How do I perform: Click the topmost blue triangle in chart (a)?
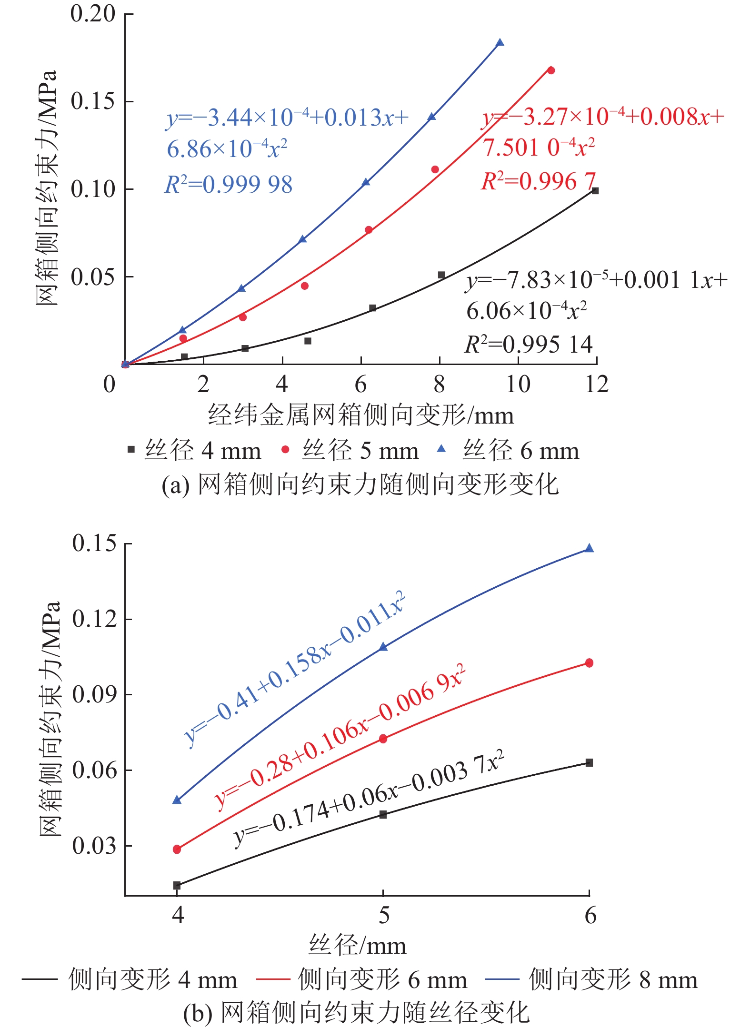click(500, 43)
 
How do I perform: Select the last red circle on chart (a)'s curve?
click(551, 70)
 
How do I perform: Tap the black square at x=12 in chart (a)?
click(595, 191)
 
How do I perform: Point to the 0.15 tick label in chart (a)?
click(93, 101)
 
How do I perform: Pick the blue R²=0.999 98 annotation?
click(229, 185)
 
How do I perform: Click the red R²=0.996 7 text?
click(538, 181)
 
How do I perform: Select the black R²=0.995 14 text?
click(529, 345)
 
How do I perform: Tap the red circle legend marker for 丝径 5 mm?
click(285, 449)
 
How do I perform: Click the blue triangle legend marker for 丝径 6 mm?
click(441, 449)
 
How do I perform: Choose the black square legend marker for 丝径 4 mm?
click(131, 449)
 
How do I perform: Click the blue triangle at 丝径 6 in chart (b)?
click(589, 548)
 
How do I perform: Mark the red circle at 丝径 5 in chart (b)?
click(383, 739)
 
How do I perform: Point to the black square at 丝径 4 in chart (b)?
click(177, 885)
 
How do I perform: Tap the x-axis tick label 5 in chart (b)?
click(383, 915)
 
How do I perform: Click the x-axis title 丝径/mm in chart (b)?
click(357, 945)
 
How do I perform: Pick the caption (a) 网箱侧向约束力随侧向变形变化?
click(360, 484)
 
